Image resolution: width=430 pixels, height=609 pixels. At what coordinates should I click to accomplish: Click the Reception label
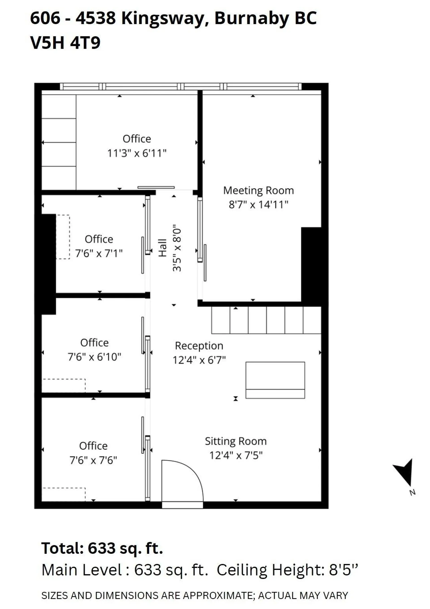[199, 346]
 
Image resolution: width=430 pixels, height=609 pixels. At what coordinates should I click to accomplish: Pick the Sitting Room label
[236, 441]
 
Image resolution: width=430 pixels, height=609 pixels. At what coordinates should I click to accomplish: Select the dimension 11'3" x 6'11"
[137, 153]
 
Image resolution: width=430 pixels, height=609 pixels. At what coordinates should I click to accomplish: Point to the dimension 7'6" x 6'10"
[95, 357]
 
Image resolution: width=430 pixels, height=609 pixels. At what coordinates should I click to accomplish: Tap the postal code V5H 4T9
[65, 43]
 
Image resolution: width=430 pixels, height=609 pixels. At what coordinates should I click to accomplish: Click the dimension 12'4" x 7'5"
[236, 456]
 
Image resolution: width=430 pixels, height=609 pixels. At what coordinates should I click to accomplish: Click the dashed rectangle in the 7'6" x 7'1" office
[63, 237]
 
